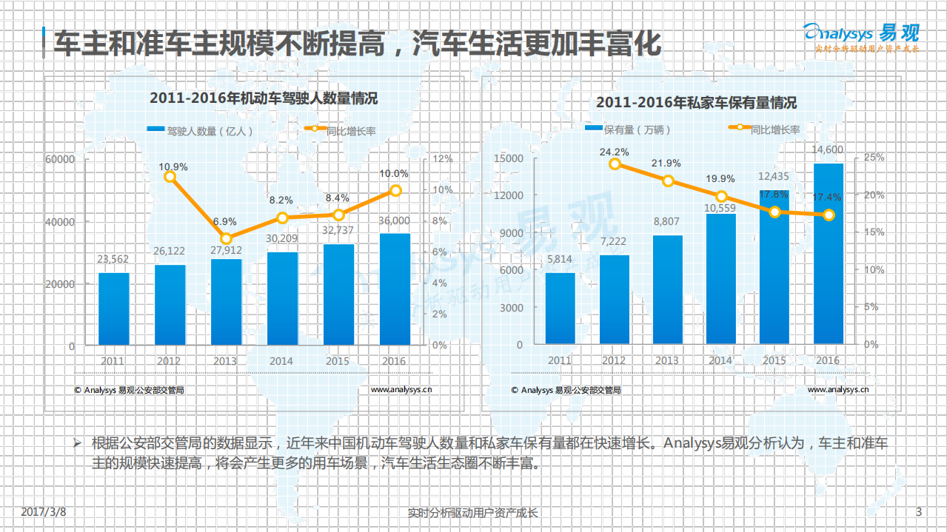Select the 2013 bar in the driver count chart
[x=226, y=302]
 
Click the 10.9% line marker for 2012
[x=170, y=177]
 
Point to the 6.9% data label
[x=225, y=222]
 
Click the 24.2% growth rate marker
[x=615, y=164]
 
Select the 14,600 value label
[x=827, y=150]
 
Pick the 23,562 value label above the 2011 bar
[x=113, y=259]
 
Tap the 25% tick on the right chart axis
[x=874, y=158]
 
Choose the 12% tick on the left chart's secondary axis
[x=442, y=159]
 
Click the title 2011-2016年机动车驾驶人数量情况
[x=264, y=98]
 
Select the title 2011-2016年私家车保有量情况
[x=696, y=103]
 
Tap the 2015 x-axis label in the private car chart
[x=774, y=360]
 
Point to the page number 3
[x=919, y=512]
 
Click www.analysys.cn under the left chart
[x=401, y=390]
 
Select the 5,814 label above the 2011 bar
[x=560, y=260]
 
